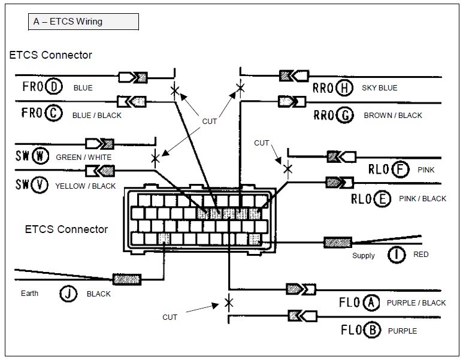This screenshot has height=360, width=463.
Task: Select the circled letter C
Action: (x=54, y=113)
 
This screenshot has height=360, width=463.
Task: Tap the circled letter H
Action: (x=344, y=88)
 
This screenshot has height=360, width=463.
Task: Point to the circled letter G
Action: (x=345, y=114)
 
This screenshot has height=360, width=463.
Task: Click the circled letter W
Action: (x=40, y=157)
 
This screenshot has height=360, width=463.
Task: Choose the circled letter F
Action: (x=401, y=170)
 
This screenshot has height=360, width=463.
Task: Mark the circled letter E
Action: (x=382, y=198)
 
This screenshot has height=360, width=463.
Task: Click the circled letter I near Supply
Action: (x=396, y=255)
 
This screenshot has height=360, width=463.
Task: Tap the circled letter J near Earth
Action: (x=68, y=294)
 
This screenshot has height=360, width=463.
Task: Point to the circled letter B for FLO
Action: (x=372, y=329)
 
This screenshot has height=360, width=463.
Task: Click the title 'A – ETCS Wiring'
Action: (x=69, y=22)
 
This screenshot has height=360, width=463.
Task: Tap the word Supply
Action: (x=364, y=256)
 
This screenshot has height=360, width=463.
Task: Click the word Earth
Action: (x=29, y=294)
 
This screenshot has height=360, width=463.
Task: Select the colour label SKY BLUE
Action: (x=380, y=88)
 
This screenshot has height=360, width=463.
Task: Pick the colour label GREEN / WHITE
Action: (x=83, y=158)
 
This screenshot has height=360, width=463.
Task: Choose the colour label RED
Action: (x=421, y=255)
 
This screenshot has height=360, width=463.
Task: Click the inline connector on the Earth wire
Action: (x=127, y=279)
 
